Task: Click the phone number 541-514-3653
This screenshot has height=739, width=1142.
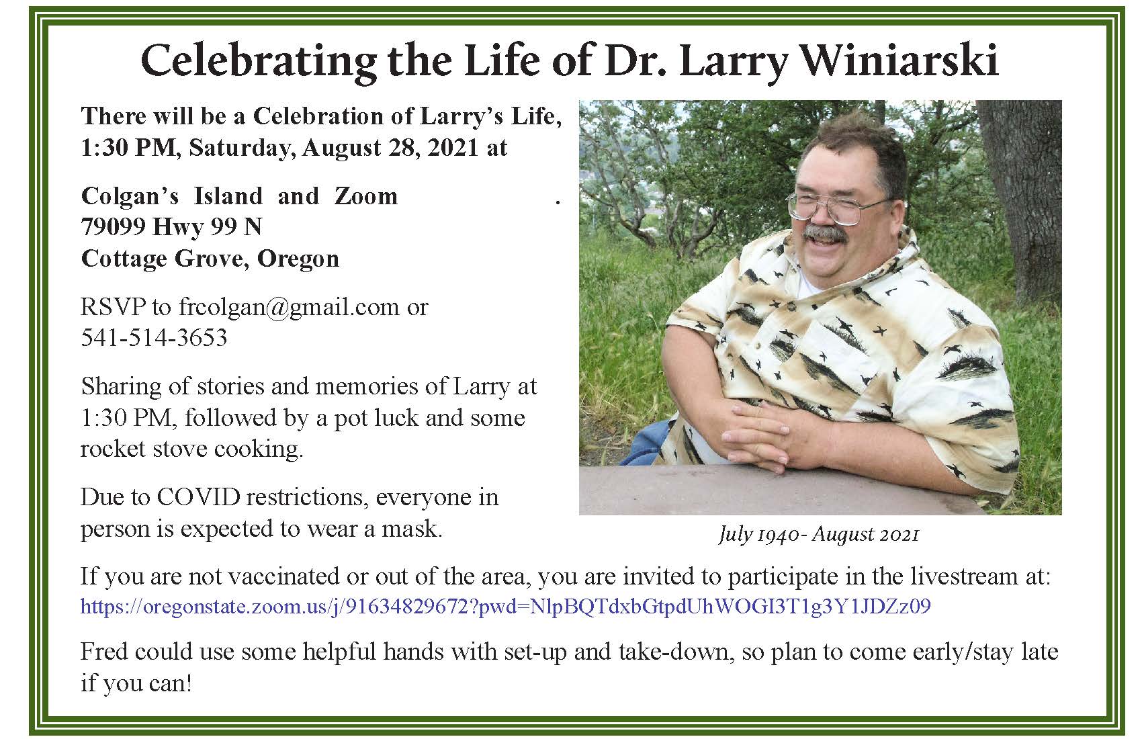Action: (154, 338)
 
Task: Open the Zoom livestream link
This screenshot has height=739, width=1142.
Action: (506, 607)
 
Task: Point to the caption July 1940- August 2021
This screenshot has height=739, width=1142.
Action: (819, 535)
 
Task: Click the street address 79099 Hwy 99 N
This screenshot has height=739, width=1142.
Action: (171, 227)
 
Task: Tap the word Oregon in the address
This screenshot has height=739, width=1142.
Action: (298, 259)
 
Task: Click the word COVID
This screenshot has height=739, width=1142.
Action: (198, 497)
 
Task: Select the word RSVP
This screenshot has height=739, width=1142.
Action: (113, 307)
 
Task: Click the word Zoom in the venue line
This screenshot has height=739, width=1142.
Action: (366, 196)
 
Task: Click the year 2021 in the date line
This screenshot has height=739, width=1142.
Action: (453, 148)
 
